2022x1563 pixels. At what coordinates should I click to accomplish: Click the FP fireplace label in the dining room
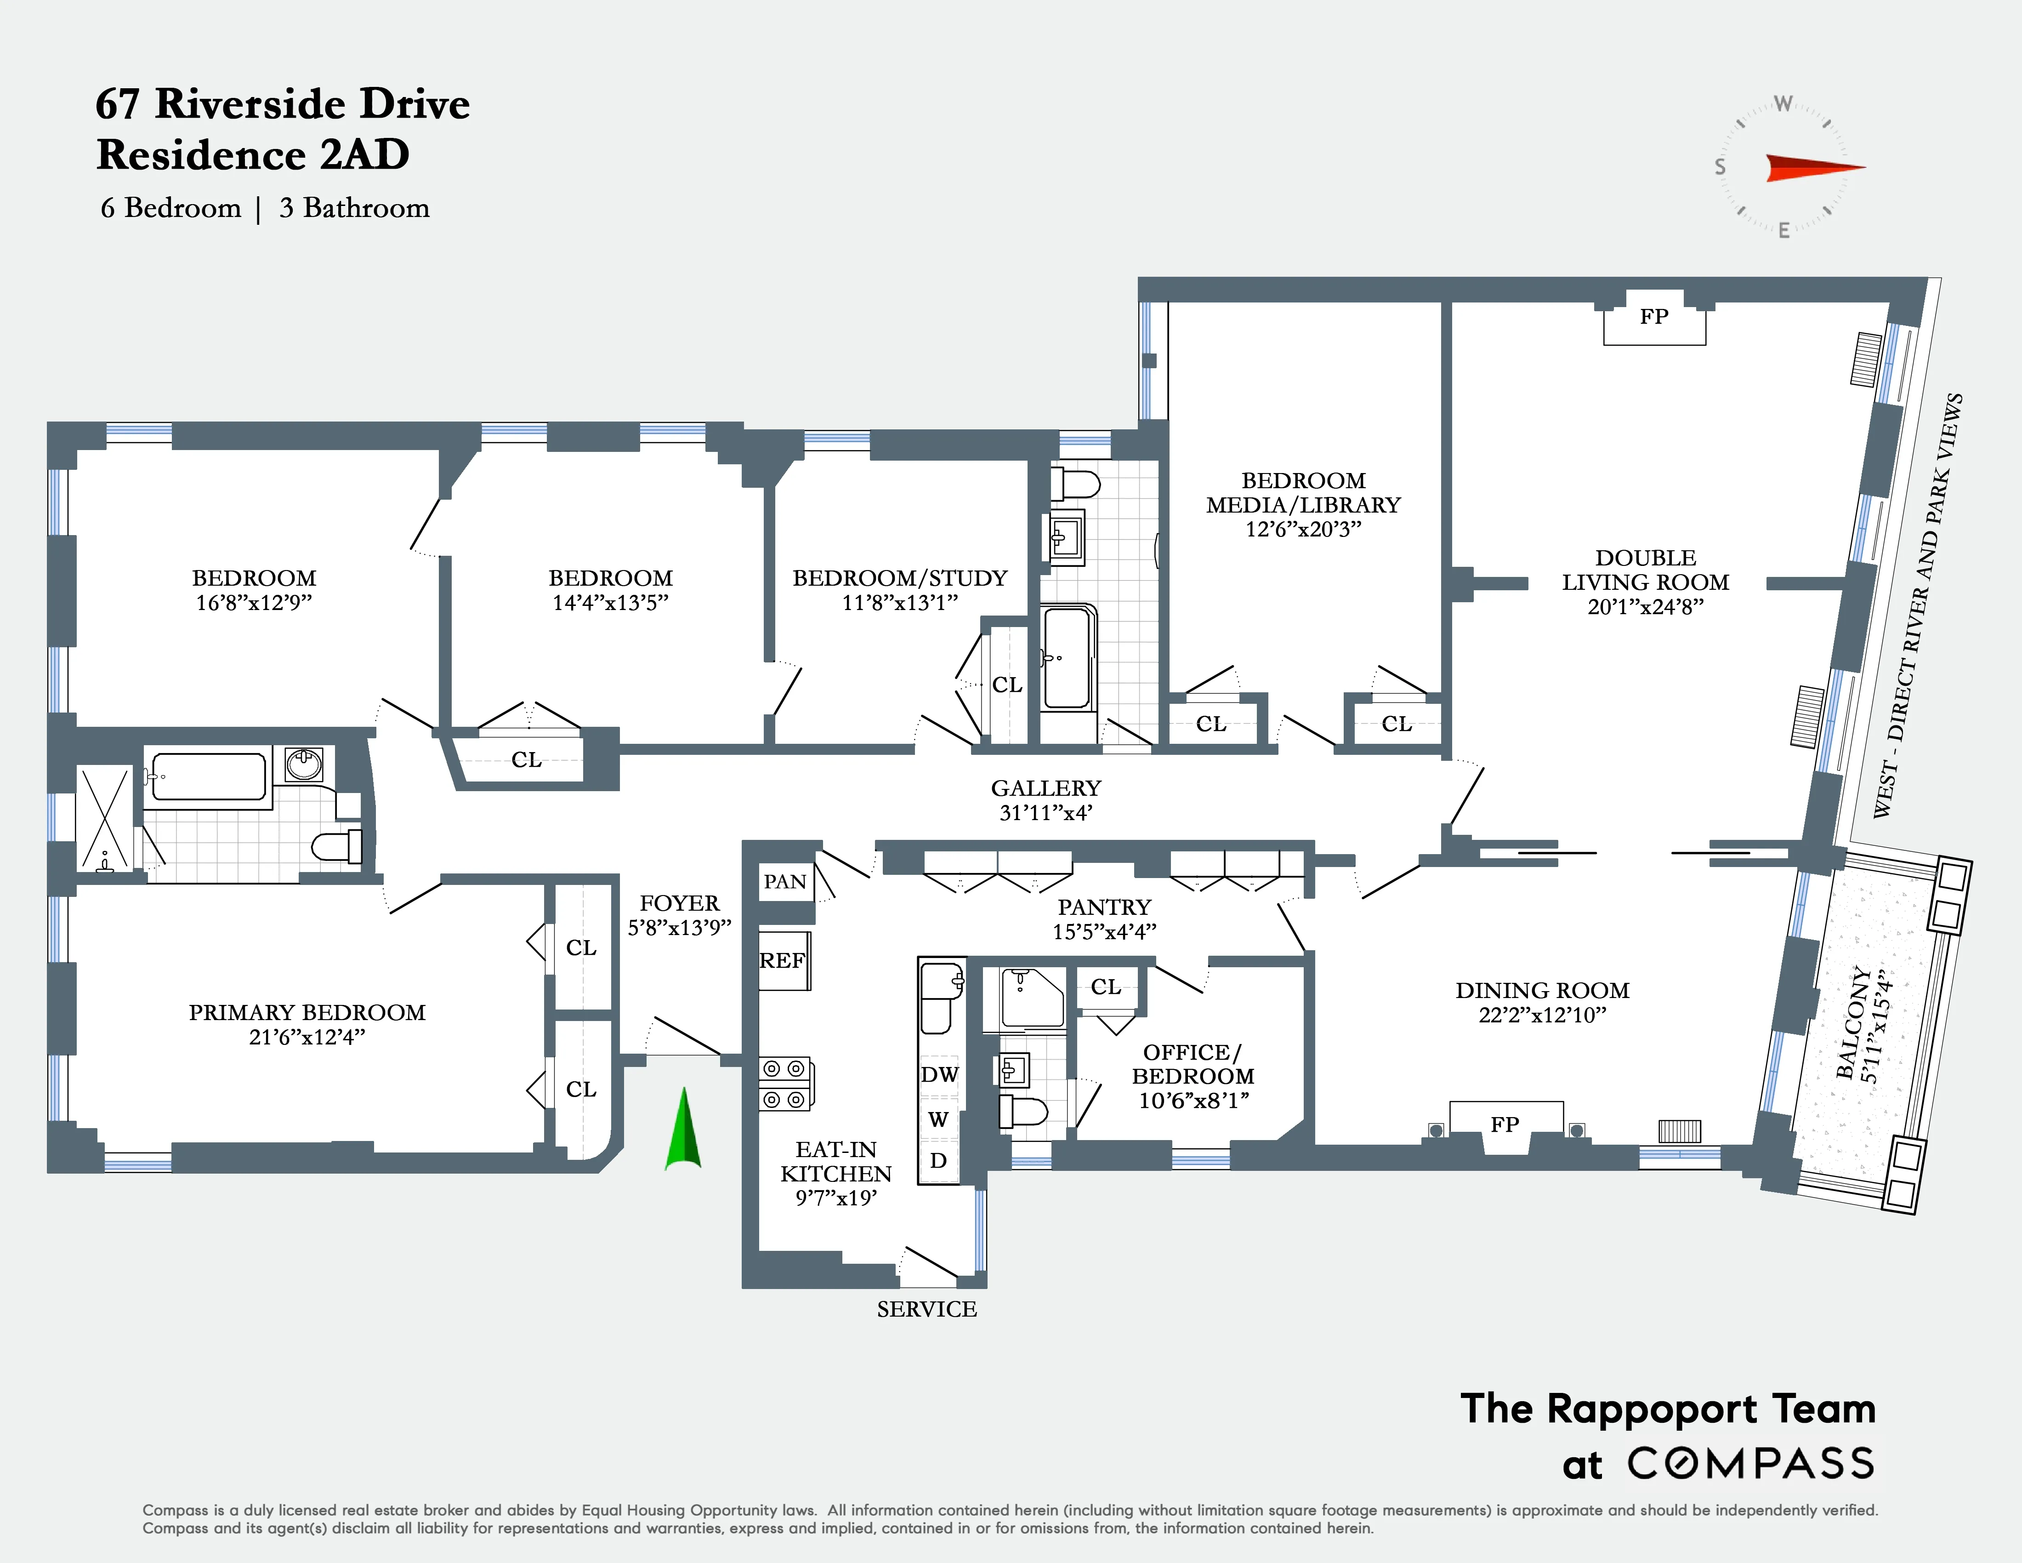click(1505, 1124)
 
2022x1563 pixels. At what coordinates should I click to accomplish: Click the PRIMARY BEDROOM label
click(307, 1012)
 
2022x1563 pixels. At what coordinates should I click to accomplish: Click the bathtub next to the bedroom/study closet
click(1068, 657)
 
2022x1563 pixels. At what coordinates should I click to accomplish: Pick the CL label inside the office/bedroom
click(1105, 987)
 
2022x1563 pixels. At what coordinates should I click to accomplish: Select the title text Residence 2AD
click(253, 154)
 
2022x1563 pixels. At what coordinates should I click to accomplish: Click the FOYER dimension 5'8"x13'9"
click(680, 928)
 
